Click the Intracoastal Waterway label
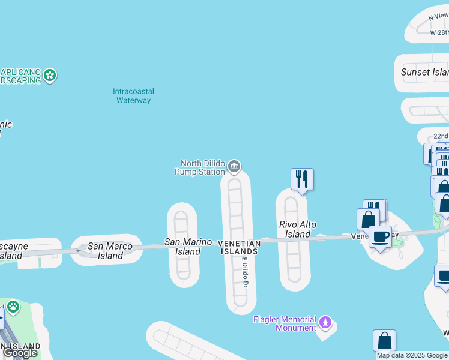(133, 96)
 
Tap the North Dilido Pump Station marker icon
(234, 166)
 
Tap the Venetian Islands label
(239, 247)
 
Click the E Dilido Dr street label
(245, 273)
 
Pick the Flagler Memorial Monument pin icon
(325, 322)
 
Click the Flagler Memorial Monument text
(285, 323)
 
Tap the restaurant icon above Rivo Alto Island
(302, 179)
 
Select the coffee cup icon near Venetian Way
(380, 236)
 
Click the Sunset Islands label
(424, 72)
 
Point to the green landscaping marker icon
(50, 76)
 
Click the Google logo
(20, 353)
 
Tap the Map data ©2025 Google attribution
(411, 355)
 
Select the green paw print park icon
(13, 308)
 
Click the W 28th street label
(439, 32)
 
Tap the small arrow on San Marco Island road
(78, 250)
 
